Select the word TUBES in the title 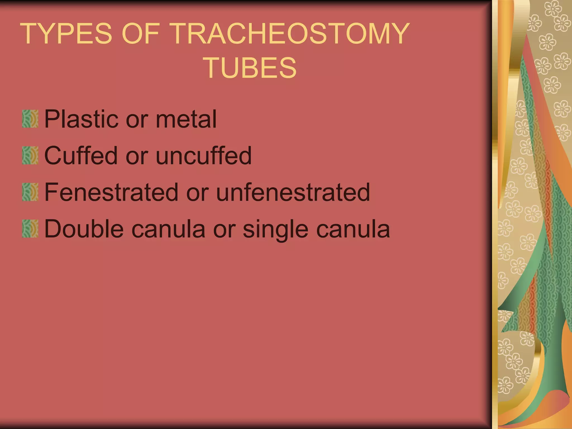click(x=250, y=68)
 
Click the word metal click(x=186, y=119)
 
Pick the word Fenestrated click(x=111, y=192)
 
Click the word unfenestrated click(x=293, y=192)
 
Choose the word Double click(x=84, y=229)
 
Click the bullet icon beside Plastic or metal click(x=30, y=119)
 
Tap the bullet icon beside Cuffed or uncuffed click(x=30, y=155)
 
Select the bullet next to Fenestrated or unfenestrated click(x=30, y=192)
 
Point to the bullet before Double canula click(x=30, y=229)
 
